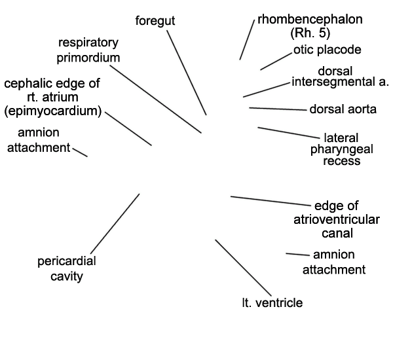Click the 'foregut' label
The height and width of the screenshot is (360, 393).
pyautogui.click(x=155, y=20)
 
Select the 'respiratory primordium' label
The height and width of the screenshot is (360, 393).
pyautogui.click(x=88, y=50)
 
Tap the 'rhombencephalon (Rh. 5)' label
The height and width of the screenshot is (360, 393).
pyautogui.click(x=301, y=25)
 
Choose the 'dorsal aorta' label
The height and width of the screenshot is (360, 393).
pyautogui.click(x=343, y=109)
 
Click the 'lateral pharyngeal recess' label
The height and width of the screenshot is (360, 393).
pyautogui.click(x=341, y=149)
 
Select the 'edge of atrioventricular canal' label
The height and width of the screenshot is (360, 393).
pyautogui.click(x=337, y=219)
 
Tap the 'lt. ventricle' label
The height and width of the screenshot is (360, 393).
pyautogui.click(x=272, y=302)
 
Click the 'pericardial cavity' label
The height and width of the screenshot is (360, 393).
pyautogui.click(x=67, y=269)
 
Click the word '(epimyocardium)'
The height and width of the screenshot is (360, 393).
pyautogui.click(x=52, y=111)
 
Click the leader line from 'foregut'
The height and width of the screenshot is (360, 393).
pyautogui.click(x=187, y=72)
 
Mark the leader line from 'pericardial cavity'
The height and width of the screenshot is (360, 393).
pyautogui.click(x=115, y=223)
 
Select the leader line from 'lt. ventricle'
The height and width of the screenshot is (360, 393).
pyautogui.click(x=242, y=267)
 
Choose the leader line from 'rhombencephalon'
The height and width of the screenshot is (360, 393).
pyautogui.click(x=246, y=40)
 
